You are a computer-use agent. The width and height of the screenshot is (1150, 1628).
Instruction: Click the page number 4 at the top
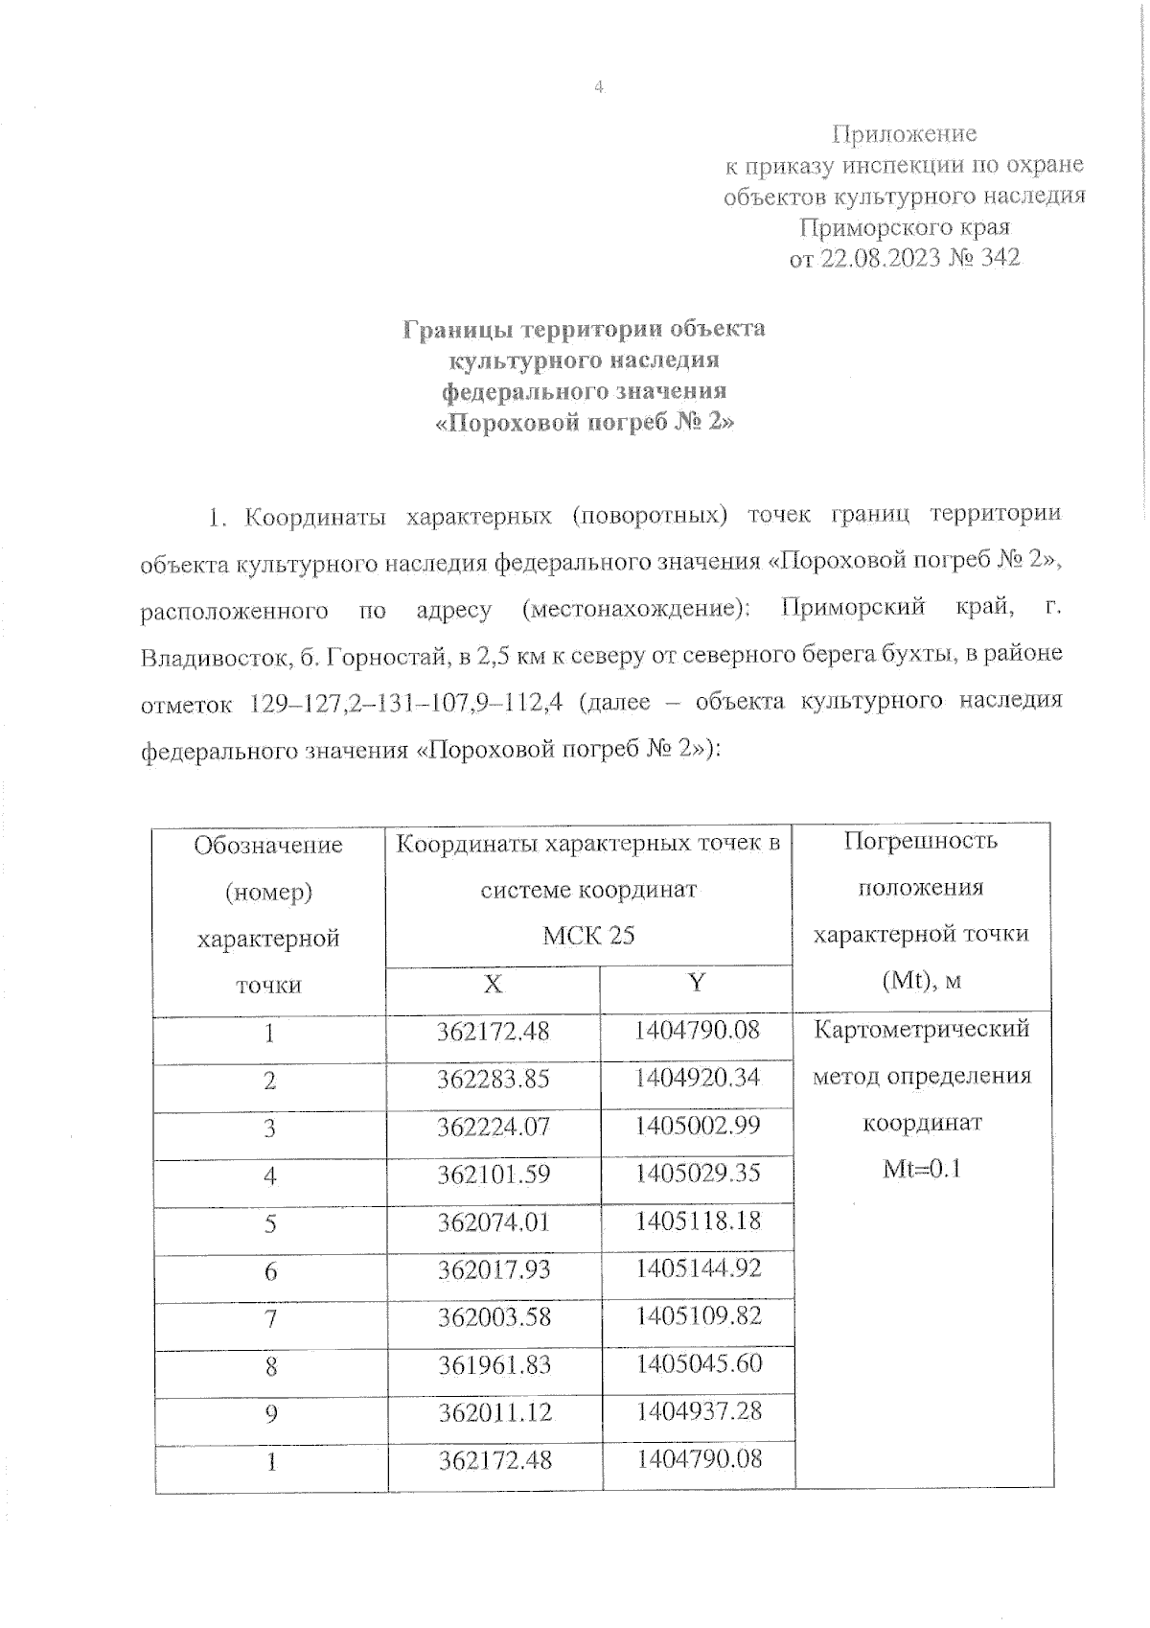[x=599, y=87]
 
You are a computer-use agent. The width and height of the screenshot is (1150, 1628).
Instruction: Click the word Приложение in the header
[x=904, y=133]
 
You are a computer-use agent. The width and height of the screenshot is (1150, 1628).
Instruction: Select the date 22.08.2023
[x=880, y=259]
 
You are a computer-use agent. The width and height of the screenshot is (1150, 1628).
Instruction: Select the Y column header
[x=697, y=982]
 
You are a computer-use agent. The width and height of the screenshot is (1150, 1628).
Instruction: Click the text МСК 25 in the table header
[x=588, y=936]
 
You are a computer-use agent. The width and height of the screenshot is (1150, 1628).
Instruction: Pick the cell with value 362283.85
[x=494, y=1080]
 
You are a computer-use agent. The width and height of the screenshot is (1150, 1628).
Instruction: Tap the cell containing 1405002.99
[x=697, y=1125]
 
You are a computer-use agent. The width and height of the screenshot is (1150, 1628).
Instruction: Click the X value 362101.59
[x=494, y=1174]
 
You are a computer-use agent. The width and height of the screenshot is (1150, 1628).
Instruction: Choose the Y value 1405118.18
[x=697, y=1221]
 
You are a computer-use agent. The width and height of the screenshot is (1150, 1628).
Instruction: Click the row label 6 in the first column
[x=270, y=1271]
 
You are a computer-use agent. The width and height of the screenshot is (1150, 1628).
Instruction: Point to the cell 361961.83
[x=494, y=1364]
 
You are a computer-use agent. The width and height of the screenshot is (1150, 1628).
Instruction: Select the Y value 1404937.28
[x=697, y=1411]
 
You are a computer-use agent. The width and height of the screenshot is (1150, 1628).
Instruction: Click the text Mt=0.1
[x=921, y=1169]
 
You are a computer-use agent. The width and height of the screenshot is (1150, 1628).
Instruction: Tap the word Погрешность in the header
[x=921, y=841]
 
